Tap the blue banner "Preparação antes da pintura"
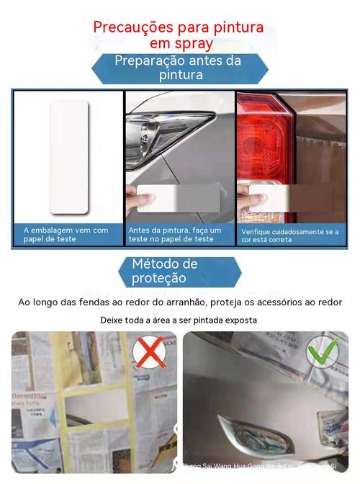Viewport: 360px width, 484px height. coord(179,68)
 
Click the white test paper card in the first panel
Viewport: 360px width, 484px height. coord(69,157)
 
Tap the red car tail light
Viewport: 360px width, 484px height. coord(264,141)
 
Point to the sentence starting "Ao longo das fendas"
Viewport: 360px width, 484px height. coord(179,302)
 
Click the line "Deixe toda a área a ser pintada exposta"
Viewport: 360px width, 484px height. coord(179,319)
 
